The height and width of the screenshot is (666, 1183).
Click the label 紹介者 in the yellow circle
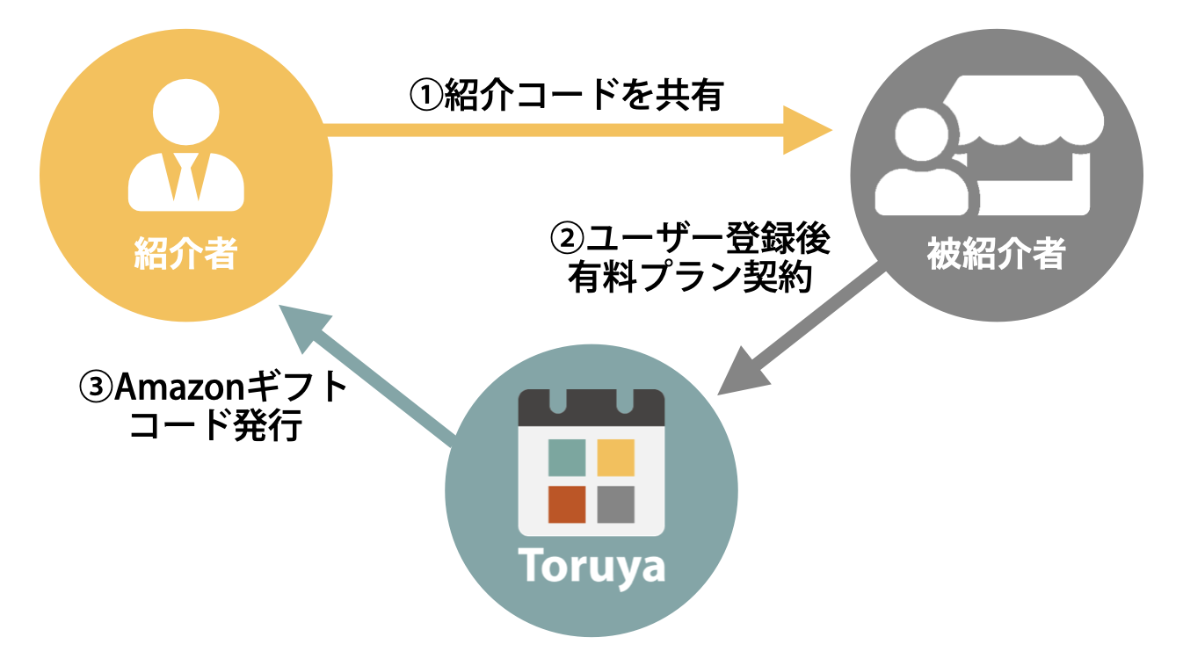coord(185,255)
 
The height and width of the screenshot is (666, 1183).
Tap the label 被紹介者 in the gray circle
coord(996,255)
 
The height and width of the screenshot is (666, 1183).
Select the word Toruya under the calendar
coord(591,568)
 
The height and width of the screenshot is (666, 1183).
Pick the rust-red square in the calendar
coord(567,503)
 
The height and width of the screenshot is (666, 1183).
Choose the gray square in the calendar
coord(615,503)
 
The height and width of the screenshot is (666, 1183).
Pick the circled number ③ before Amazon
coord(96,387)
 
